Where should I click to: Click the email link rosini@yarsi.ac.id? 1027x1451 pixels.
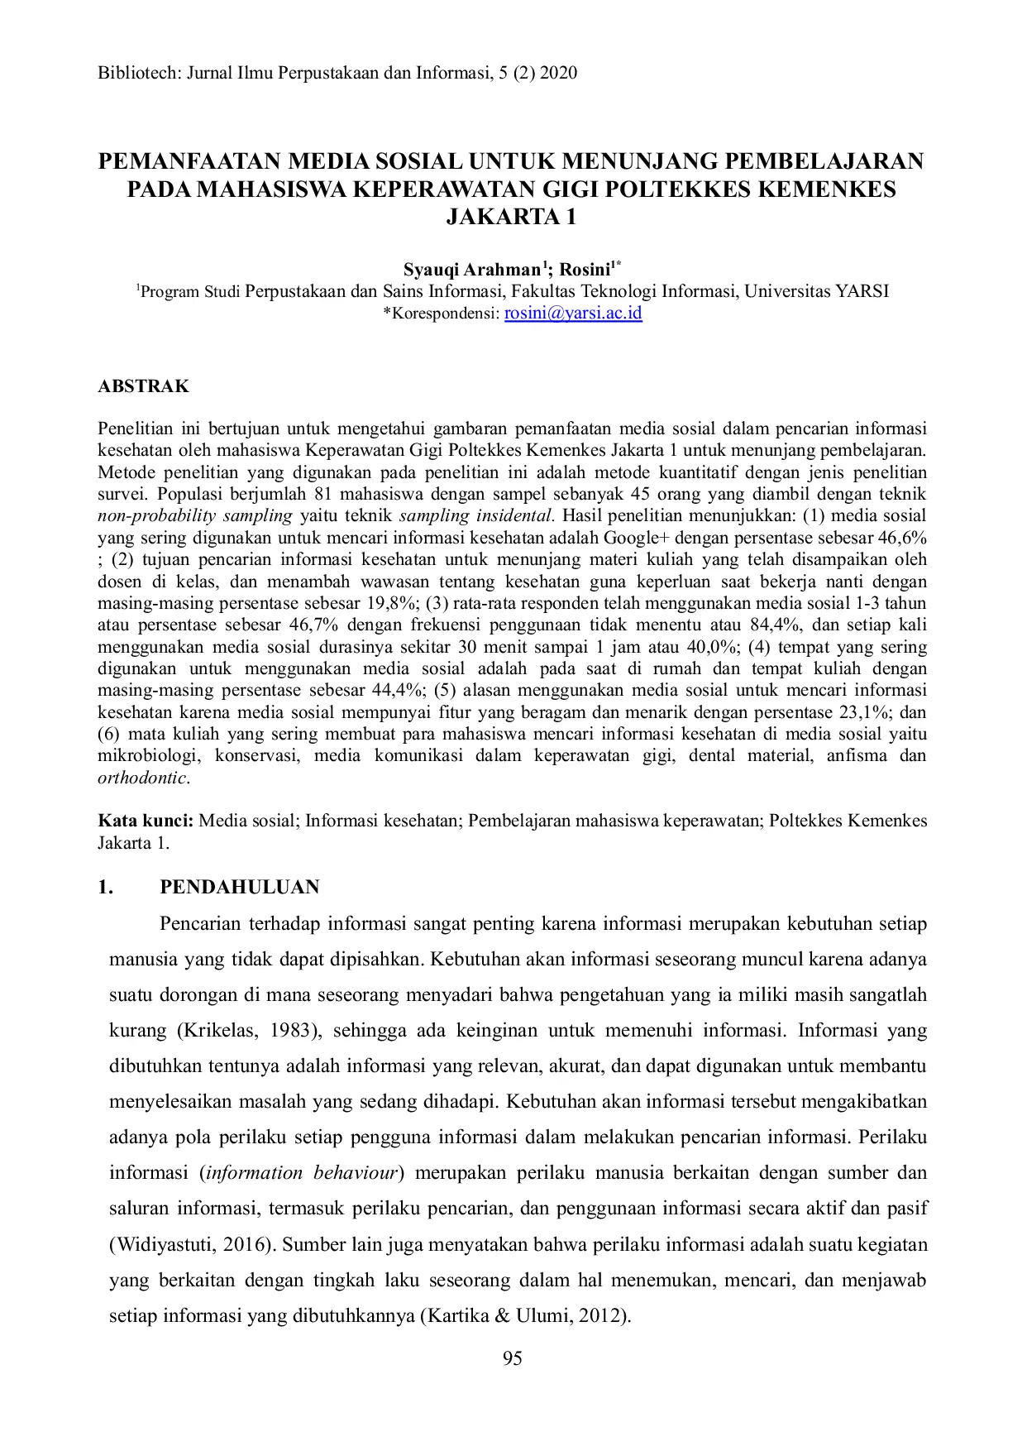tap(573, 314)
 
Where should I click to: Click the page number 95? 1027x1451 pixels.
tap(513, 1358)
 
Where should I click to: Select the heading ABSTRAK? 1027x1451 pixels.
tap(143, 386)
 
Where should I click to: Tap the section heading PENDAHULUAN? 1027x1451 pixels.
tap(240, 887)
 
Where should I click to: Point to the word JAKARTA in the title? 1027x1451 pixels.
tap(502, 218)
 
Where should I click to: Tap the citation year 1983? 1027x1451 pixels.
tap(297, 1031)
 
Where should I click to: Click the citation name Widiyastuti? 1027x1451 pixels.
tap(166, 1244)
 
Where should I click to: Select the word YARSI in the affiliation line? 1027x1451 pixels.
tap(862, 291)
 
